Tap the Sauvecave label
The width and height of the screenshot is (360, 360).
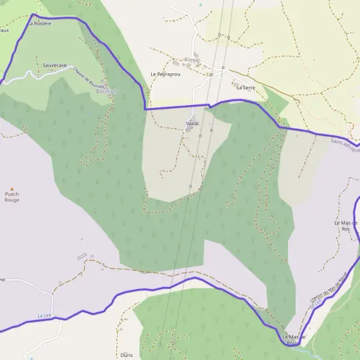click(x=55, y=64)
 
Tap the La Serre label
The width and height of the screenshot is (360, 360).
click(x=245, y=88)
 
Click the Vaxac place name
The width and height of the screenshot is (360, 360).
click(x=193, y=123)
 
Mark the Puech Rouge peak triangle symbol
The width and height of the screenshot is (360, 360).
click(x=11, y=187)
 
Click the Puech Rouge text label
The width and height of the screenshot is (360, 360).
click(x=11, y=197)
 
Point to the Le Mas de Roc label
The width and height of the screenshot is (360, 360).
click(x=346, y=226)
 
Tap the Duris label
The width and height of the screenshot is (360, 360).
click(x=126, y=355)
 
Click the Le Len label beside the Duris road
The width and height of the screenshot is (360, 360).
click(x=43, y=316)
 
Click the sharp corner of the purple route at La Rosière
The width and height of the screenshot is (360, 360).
click(x=33, y=14)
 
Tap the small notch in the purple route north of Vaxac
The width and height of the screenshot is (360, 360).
click(x=209, y=106)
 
